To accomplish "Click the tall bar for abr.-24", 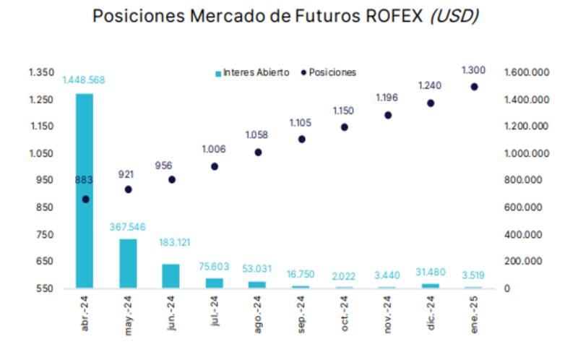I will pyautogui.click(x=85, y=191).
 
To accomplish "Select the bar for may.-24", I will pyautogui.click(x=128, y=263).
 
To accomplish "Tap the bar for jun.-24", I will pyautogui.click(x=171, y=275).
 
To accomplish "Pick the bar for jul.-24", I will pyautogui.click(x=215, y=283).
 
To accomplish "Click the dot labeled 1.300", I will pyautogui.click(x=475, y=87).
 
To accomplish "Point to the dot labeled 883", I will pyautogui.click(x=85, y=199).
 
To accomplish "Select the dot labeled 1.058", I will pyautogui.click(x=258, y=153).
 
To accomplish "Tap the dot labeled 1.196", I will pyautogui.click(x=388, y=115).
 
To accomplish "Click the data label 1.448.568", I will pyautogui.click(x=84, y=80).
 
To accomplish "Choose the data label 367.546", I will pyautogui.click(x=128, y=227).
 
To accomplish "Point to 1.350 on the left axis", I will pyautogui.click(x=41, y=72).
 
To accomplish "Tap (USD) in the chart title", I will pyautogui.click(x=454, y=16).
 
